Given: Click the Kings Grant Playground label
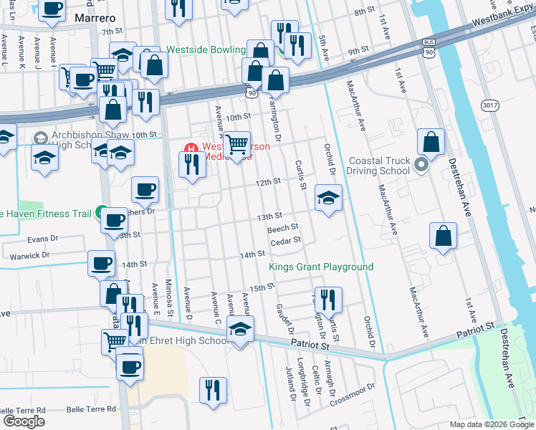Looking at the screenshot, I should pos(321,267).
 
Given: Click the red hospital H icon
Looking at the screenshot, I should pos(191,149).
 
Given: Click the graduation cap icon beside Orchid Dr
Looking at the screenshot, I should pos(328,198).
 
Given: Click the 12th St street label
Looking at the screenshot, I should pos(268,183).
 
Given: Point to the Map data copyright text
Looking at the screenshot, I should pos(490,424).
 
